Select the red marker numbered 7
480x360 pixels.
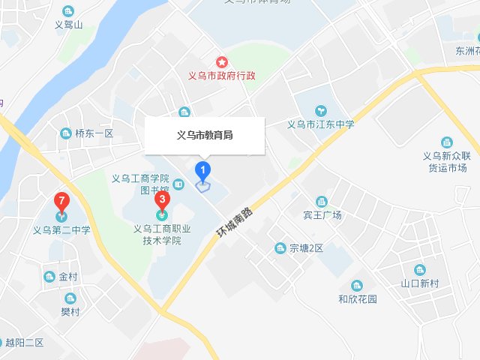[62, 202]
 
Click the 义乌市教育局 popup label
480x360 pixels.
[204, 136]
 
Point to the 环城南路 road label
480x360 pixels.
[233, 221]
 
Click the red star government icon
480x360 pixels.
[221, 61]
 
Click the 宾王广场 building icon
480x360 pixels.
[322, 201]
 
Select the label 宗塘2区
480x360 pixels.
[305, 248]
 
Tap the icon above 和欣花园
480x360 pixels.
[356, 285]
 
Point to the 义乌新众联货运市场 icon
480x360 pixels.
[446, 142]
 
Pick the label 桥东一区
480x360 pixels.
[93, 133]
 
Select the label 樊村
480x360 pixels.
[70, 311]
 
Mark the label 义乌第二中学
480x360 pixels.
[61, 230]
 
